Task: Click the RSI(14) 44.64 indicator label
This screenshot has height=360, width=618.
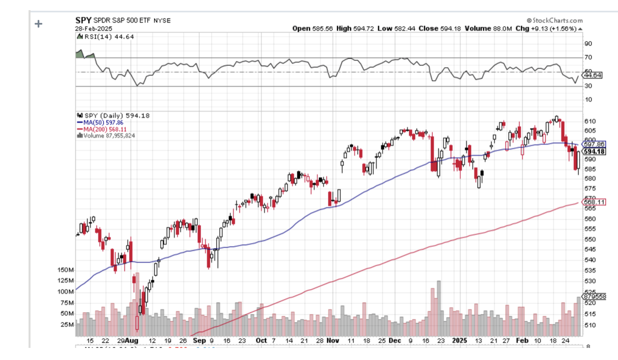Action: click(102, 37)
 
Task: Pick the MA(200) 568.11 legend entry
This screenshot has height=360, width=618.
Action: click(101, 129)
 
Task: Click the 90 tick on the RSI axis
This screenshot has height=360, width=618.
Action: click(588, 44)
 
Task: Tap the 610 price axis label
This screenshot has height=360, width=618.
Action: click(589, 121)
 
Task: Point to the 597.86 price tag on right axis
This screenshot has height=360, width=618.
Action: click(594, 144)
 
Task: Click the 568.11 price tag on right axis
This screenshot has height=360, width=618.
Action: click(594, 202)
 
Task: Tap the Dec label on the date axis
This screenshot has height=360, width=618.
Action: click(395, 340)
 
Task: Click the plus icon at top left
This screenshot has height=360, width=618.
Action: click(39, 24)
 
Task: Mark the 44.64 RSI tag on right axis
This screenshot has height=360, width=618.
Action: click(593, 75)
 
